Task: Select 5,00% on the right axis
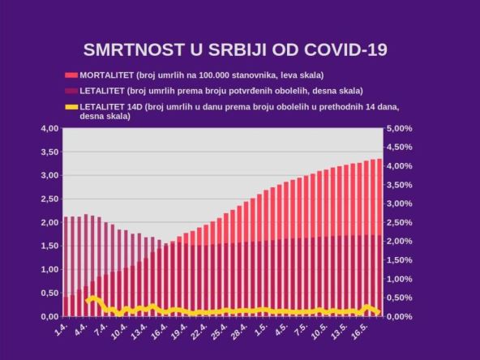point(401,128)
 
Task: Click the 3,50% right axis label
point(401,185)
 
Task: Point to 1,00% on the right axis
point(401,279)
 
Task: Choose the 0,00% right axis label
point(401,316)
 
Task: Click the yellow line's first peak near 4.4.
point(92,298)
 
